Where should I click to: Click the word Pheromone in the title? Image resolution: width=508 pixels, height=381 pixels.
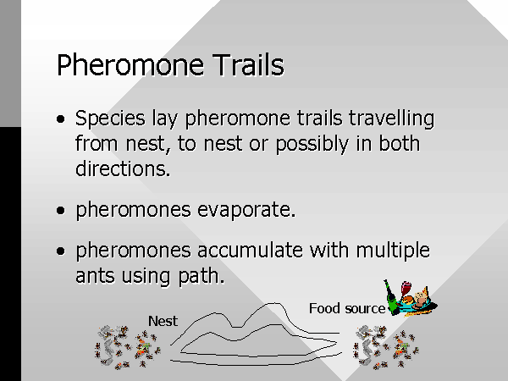(130, 65)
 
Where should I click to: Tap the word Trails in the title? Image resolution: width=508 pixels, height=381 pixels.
(248, 64)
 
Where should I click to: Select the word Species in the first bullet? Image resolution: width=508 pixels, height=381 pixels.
(110, 119)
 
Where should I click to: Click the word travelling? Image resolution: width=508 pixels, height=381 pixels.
(391, 119)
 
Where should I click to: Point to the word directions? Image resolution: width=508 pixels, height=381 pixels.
(123, 168)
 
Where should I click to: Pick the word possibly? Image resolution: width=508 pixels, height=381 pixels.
(312, 144)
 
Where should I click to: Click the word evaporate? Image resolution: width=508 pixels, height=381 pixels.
(246, 210)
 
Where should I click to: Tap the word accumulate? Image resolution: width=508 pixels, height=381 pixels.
(250, 251)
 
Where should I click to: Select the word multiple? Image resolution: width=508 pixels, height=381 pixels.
(393, 251)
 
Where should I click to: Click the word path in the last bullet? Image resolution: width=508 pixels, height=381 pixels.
(202, 277)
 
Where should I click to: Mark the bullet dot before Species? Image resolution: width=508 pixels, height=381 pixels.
(61, 119)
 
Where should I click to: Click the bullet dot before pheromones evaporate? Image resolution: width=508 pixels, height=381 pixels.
(61, 211)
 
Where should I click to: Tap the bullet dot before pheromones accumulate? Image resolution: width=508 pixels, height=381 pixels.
(61, 251)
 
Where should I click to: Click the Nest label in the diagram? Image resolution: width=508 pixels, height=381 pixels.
(163, 321)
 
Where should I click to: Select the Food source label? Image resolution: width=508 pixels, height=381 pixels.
(347, 308)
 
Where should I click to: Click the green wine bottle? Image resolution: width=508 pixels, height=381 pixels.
(392, 298)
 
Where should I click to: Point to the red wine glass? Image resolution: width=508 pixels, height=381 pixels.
(406, 289)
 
